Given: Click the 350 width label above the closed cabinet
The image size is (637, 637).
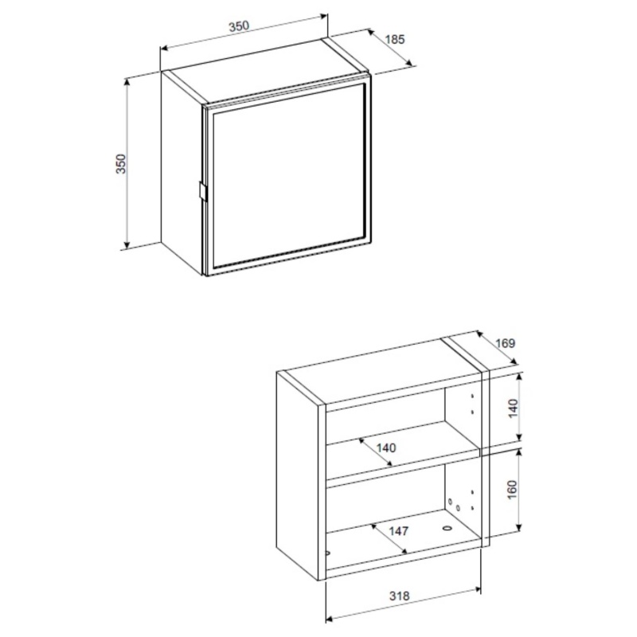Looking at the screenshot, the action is point(238,26).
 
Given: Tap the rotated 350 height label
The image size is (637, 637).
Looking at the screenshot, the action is point(122,164).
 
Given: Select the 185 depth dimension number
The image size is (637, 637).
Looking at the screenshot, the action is point(395,39).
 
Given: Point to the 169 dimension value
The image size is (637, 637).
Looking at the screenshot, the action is point(505,343).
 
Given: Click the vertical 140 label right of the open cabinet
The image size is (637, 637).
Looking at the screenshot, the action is point(514,408).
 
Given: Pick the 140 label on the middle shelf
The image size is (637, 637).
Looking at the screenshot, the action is point(385,448).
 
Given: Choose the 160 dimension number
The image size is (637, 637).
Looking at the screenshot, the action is point(512,490).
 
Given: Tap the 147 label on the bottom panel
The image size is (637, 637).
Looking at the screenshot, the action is point(399,531).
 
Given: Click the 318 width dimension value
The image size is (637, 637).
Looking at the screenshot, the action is point(400,596).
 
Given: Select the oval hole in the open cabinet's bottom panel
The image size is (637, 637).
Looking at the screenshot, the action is point(447,529).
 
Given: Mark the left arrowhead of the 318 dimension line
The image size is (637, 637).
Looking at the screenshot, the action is point(330,619).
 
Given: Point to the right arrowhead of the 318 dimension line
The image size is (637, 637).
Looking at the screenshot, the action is point(477,588).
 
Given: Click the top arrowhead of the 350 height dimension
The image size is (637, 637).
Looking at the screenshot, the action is point(127,82).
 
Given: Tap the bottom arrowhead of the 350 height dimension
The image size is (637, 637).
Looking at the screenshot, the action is point(127,244).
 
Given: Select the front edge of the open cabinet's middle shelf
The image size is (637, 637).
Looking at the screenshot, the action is point(403,467).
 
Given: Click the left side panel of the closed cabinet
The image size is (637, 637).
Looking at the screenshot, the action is point(182,173).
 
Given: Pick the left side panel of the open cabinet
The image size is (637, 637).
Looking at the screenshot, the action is point(297,475).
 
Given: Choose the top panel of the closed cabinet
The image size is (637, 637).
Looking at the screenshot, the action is point(267,70).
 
